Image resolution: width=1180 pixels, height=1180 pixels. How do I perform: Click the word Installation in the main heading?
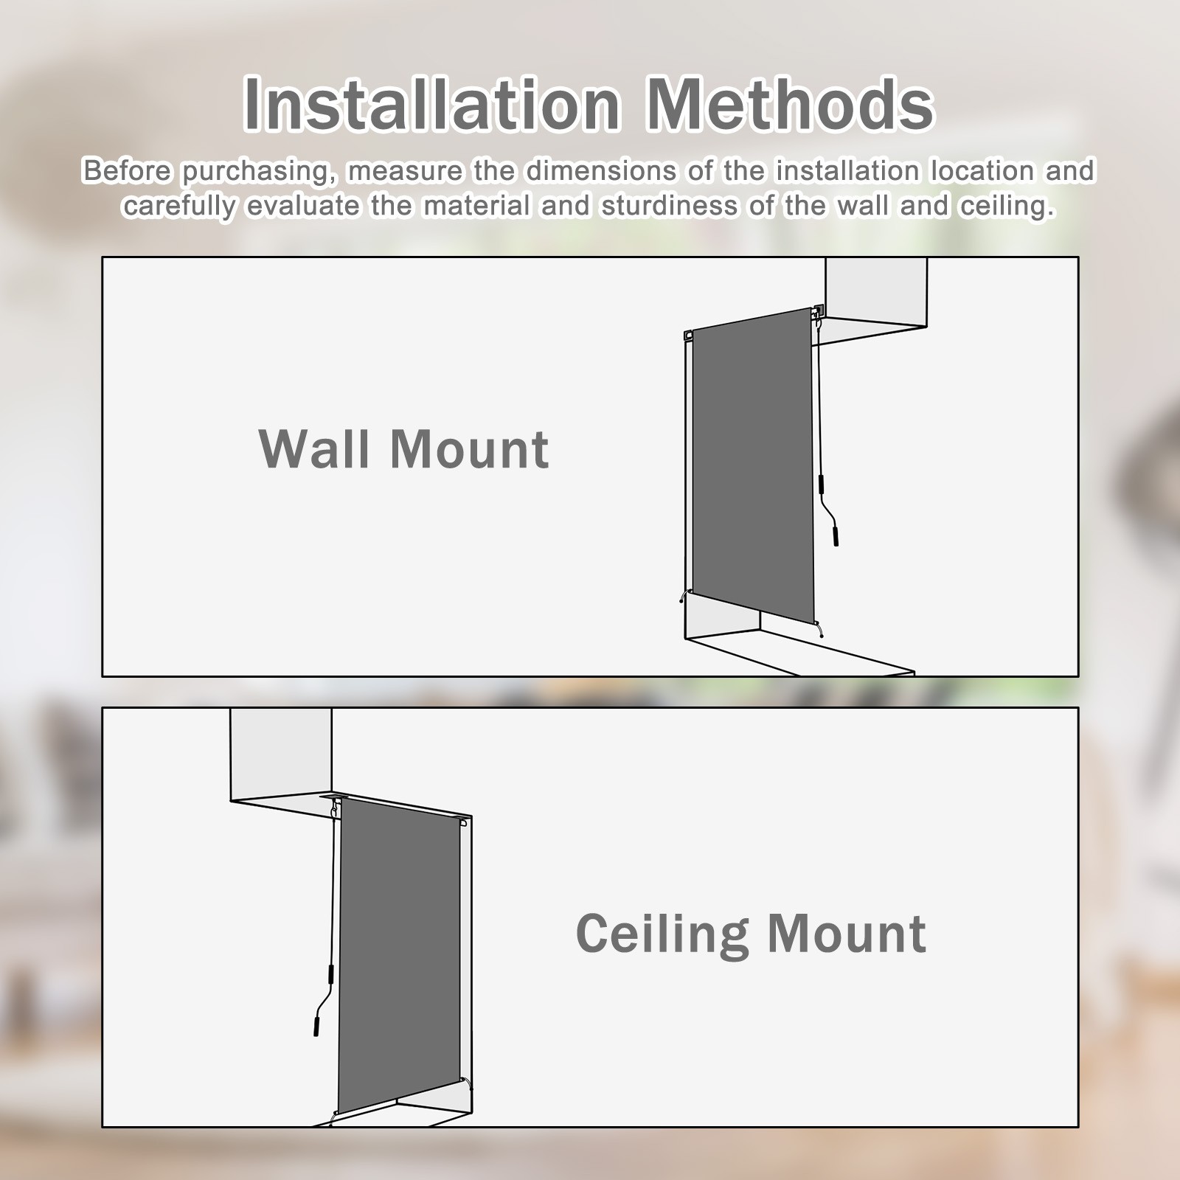pos(432,104)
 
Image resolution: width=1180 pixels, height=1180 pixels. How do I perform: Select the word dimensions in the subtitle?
pos(600,171)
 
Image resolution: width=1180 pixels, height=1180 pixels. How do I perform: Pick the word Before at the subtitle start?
pos(128,171)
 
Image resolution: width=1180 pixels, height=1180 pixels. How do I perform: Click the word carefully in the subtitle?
pos(180,207)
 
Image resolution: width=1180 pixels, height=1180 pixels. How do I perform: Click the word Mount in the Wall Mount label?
pos(469,448)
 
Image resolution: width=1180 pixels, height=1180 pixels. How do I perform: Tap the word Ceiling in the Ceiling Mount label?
pos(661,934)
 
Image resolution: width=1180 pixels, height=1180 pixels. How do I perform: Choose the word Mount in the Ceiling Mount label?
pos(847,934)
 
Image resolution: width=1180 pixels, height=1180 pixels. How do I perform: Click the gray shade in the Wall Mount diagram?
pos(752,466)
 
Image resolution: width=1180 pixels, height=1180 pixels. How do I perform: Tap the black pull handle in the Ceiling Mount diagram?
pos(316,1025)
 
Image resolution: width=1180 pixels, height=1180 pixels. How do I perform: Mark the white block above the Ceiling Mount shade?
pos(281,754)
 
